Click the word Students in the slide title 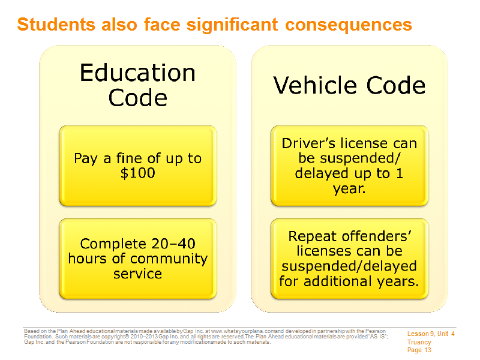pos(56,24)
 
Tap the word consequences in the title pos(349,25)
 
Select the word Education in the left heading pos(137,73)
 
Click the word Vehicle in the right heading pos(316,85)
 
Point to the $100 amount pos(138,173)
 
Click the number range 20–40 pos(173,244)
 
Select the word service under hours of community pos(137,274)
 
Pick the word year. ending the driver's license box pos(349,189)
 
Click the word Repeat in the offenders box pos(313,237)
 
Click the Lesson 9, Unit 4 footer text pos(431,334)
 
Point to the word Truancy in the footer pos(419,342)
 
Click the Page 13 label pos(419,350)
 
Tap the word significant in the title pos(232,25)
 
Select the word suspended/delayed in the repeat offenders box pos(349,266)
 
